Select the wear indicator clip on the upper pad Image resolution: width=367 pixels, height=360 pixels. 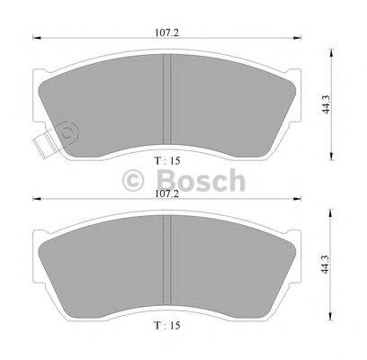[40, 140]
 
